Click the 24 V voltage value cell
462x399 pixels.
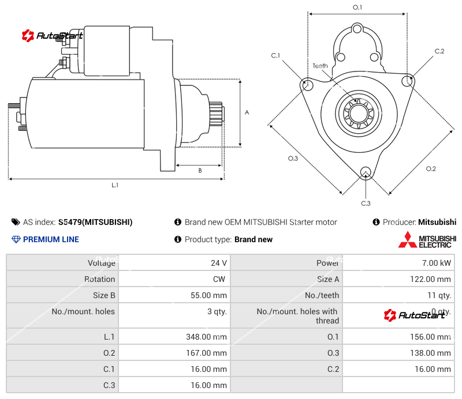point(218,263)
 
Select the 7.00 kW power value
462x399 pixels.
point(437,263)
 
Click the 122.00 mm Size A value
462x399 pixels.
point(432,279)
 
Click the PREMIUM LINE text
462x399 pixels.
point(51,239)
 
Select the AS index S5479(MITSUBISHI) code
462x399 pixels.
point(95,222)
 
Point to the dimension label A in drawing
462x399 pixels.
point(247,112)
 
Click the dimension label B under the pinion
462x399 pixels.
point(200,171)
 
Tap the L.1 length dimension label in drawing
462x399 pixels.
point(115,186)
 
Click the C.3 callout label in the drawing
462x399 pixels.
point(366,203)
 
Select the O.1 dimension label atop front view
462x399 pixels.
point(357,7)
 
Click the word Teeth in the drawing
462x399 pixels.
point(320,66)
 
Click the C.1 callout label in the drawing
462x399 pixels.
point(275,55)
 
